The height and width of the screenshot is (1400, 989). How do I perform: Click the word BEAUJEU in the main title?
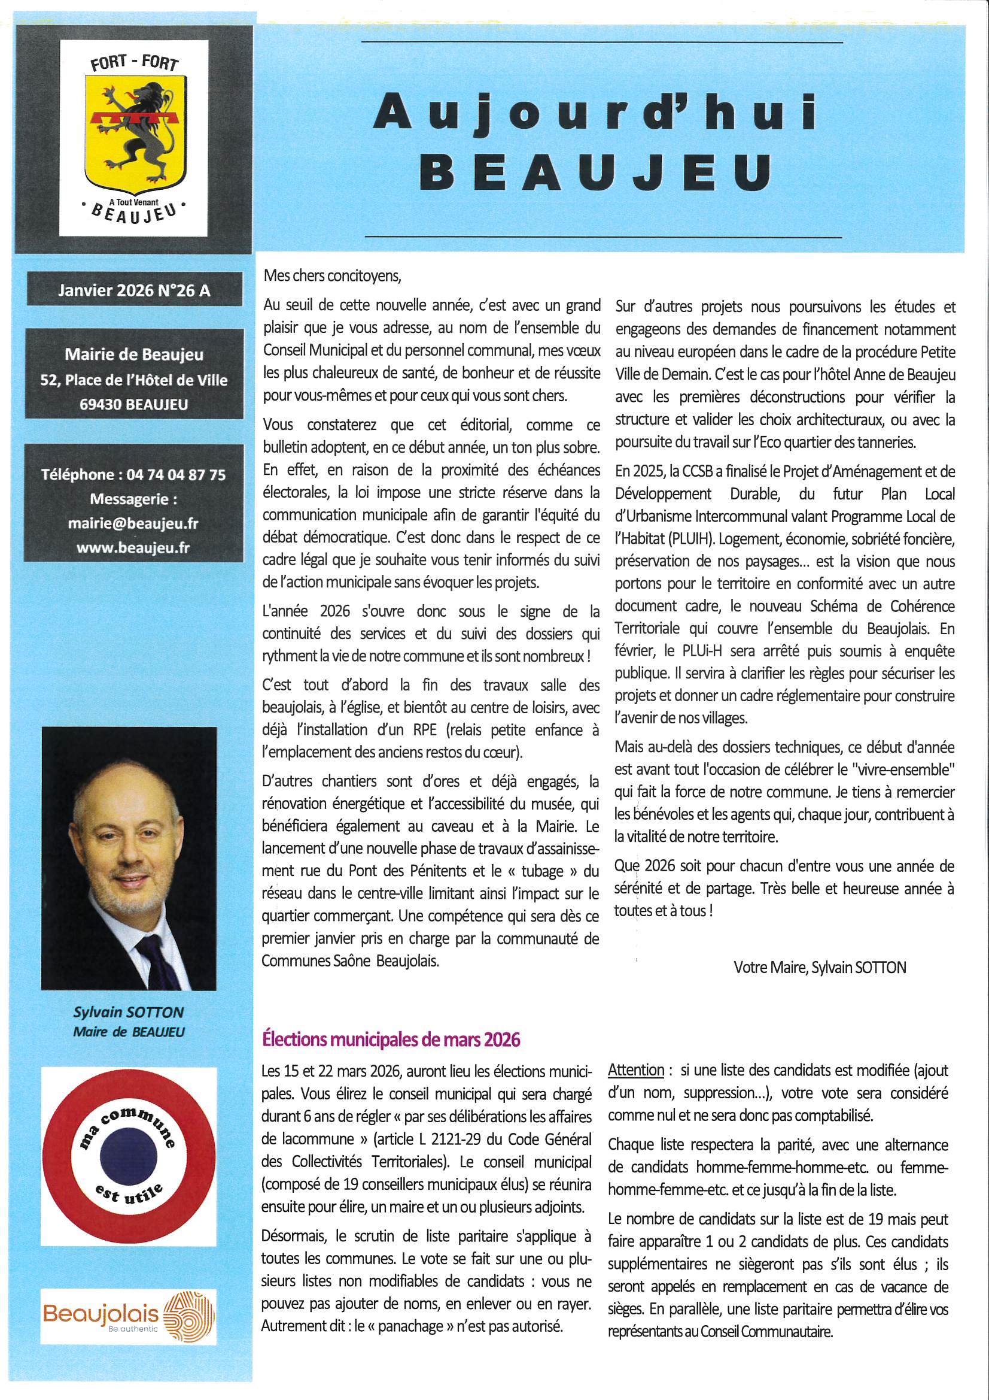point(596,172)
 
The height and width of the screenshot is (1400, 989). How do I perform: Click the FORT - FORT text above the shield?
point(133,62)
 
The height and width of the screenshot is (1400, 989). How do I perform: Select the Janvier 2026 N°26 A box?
point(133,291)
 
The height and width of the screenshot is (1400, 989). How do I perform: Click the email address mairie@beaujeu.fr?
point(133,523)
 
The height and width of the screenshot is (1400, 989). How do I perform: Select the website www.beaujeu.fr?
point(133,547)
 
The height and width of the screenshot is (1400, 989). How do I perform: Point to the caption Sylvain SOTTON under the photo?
point(129,1012)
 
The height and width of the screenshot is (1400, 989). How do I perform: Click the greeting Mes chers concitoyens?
point(332,275)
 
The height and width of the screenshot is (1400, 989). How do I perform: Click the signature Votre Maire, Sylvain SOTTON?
point(820,967)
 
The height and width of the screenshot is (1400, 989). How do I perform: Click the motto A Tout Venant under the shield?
point(133,202)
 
